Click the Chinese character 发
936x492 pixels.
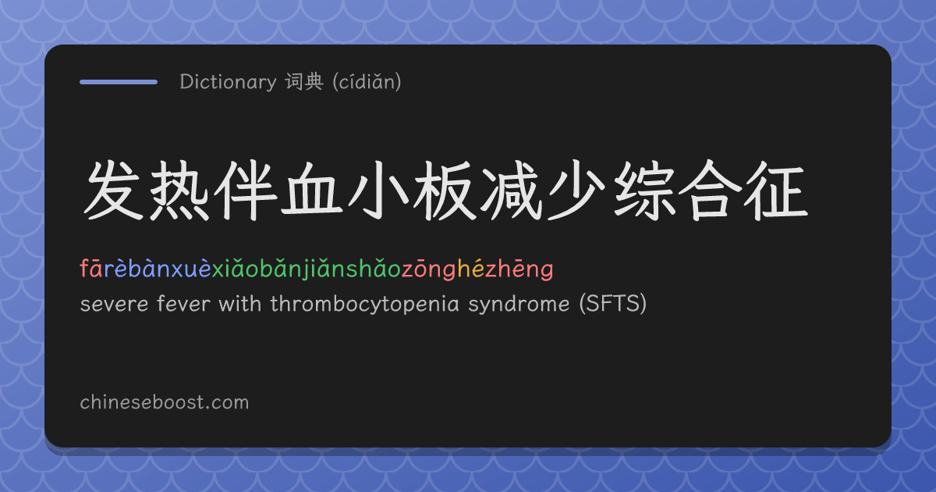pos(113,191)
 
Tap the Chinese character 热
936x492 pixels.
pos(179,191)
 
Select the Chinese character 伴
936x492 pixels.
pos(246,191)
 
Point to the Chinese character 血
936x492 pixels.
pos(311,191)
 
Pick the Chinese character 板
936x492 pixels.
pos(444,191)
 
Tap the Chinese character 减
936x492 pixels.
pos(511,191)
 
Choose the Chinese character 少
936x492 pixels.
pos(576,191)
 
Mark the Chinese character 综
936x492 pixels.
pos(643,191)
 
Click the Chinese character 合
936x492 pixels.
pos(710,191)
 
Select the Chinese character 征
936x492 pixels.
pos(776,191)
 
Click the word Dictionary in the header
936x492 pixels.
pos(228,82)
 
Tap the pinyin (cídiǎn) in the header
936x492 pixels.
pos(367,81)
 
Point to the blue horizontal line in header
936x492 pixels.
pos(119,82)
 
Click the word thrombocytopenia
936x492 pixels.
pos(365,304)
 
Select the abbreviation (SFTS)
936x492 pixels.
pos(613,303)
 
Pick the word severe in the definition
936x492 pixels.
pos(114,304)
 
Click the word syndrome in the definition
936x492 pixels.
pos(519,304)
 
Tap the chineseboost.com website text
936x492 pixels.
pos(165,402)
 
